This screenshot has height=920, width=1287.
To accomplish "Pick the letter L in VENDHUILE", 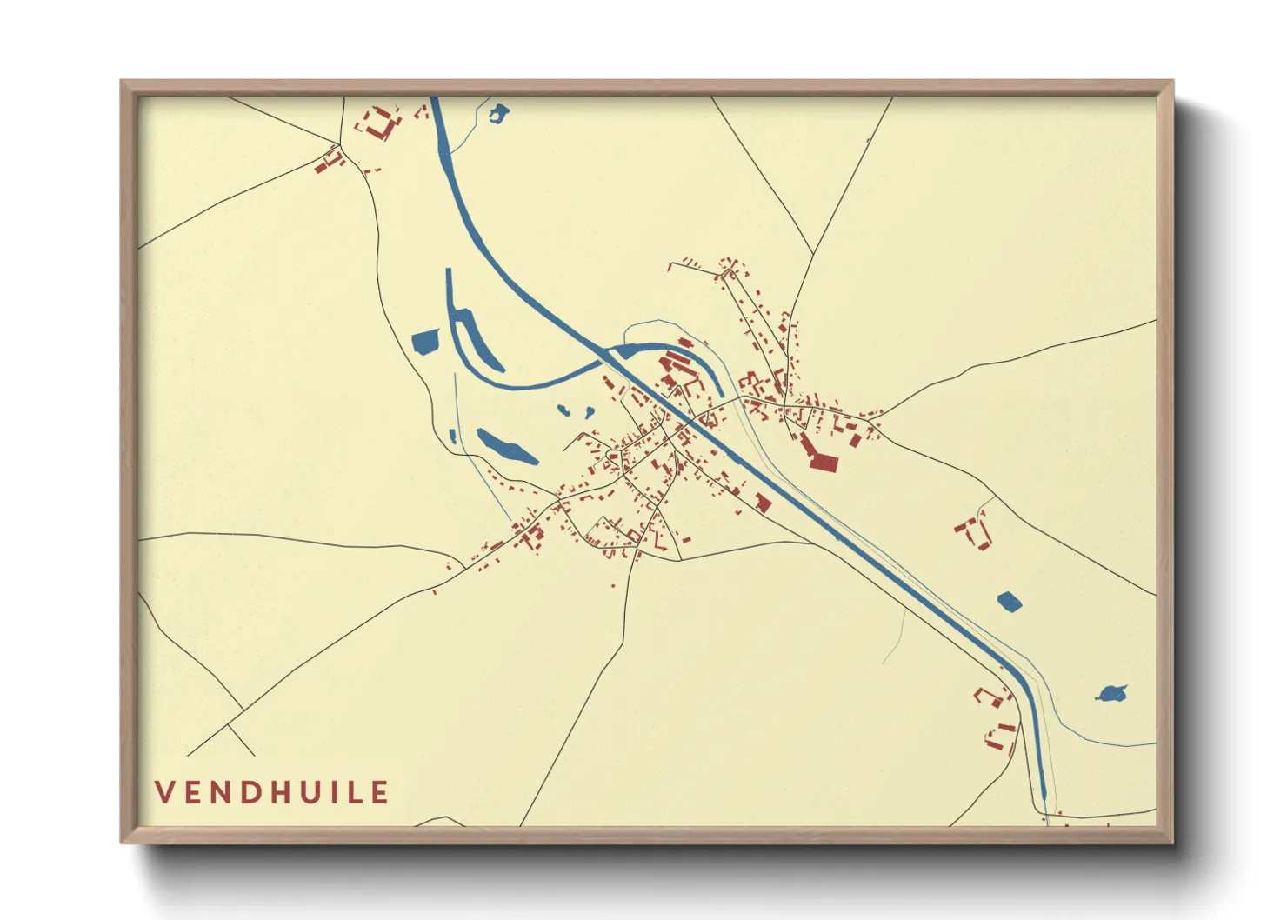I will pyautogui.click(x=353, y=792).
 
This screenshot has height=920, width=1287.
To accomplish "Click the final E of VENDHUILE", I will pyautogui.click(x=379, y=792).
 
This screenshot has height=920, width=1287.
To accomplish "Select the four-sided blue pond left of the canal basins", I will pyautogui.click(x=425, y=342).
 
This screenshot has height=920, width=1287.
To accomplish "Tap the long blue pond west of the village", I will pyautogui.click(x=504, y=447).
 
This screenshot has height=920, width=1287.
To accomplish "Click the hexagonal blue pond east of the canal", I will pyautogui.click(x=1009, y=601).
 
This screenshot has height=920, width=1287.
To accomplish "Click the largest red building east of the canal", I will pyautogui.click(x=822, y=462).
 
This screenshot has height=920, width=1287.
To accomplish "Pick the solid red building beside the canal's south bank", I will pyautogui.click(x=764, y=503).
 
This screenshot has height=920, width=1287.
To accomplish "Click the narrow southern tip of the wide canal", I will pyautogui.click(x=1043, y=793).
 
